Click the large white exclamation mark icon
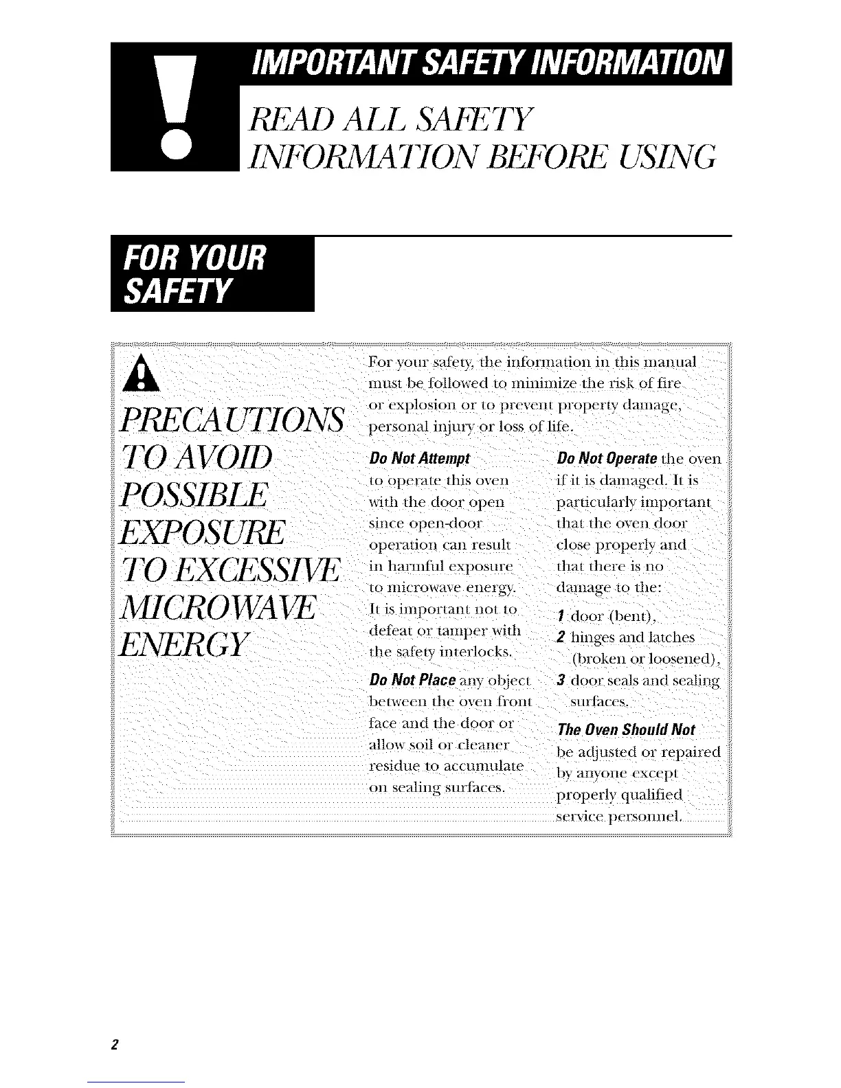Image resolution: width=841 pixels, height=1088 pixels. point(174,107)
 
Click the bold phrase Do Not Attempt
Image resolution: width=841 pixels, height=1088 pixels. point(418,459)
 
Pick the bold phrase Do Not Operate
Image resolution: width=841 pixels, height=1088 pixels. point(608,459)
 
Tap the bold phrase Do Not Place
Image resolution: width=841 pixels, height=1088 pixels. point(413,681)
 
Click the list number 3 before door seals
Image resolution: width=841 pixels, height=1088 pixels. point(561,681)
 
